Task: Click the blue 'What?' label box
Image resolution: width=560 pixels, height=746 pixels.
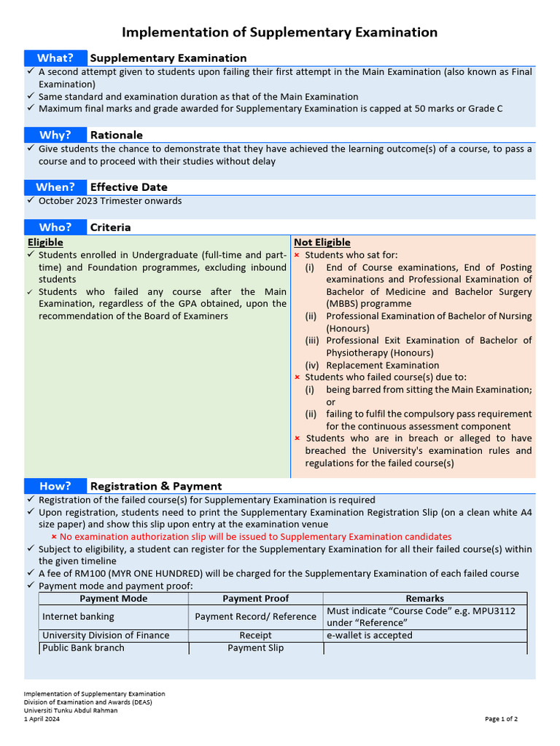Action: (x=55, y=58)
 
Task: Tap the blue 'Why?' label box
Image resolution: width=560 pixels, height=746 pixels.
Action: (x=55, y=135)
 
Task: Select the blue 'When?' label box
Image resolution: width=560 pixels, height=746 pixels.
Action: (x=55, y=187)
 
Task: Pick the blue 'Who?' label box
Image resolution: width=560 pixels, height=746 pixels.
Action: (x=55, y=227)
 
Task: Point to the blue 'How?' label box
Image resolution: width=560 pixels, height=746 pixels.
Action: (x=55, y=486)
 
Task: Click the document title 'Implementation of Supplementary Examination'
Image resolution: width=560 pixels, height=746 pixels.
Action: (x=279, y=32)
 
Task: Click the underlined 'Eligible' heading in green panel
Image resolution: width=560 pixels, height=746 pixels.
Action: (x=45, y=242)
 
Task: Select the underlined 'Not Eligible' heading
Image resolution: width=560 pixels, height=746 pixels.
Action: (x=322, y=242)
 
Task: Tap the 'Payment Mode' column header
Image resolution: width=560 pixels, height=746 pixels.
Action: (x=113, y=598)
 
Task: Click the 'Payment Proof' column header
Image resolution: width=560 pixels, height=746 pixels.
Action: (x=255, y=598)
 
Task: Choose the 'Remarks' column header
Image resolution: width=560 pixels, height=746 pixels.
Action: (x=424, y=598)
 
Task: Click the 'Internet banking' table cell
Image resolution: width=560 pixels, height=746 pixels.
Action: (x=78, y=616)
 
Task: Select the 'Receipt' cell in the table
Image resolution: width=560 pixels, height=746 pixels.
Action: (x=255, y=635)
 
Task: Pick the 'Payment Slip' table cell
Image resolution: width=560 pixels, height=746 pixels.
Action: (x=255, y=648)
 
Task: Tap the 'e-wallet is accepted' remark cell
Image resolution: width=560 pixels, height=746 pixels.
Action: (x=369, y=635)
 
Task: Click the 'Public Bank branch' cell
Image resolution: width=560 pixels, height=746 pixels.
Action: (x=83, y=648)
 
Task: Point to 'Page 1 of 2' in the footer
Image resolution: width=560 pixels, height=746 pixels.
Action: (x=501, y=719)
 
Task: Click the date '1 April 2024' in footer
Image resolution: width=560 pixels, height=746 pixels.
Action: (x=42, y=719)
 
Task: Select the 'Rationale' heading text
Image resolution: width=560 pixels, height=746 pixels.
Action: (x=116, y=135)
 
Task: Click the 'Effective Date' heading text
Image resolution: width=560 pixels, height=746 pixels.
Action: (x=128, y=187)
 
